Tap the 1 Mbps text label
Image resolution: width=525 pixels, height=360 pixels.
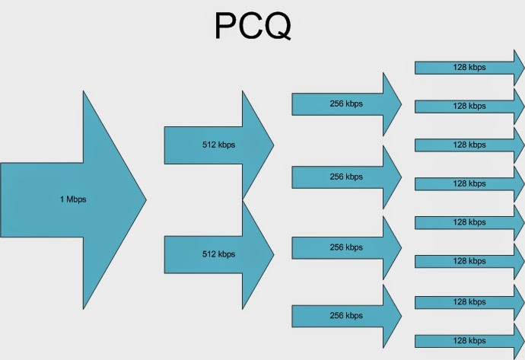pos(72,199)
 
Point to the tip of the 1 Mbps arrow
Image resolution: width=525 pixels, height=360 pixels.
pos(145,199)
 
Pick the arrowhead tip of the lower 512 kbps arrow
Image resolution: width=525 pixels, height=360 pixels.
pos(273,253)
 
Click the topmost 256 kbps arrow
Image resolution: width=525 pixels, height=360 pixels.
pos(346,104)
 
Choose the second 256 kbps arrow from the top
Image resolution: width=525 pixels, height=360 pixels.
pos(346,177)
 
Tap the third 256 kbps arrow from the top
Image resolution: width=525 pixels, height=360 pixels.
pos(346,247)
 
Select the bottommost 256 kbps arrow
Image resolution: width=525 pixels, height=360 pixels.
pos(346,315)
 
